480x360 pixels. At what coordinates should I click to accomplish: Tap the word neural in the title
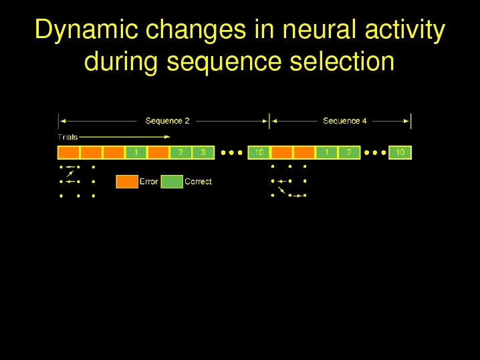pyautogui.click(x=319, y=29)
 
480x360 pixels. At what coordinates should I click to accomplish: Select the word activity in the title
pyautogui.click(x=405, y=31)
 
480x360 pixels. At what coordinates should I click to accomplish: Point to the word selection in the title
pyautogui.click(x=342, y=61)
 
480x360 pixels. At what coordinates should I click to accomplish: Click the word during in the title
pyautogui.click(x=121, y=63)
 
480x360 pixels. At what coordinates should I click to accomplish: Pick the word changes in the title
pyautogui.click(x=196, y=31)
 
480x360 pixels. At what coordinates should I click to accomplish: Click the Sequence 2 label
pyautogui.click(x=167, y=121)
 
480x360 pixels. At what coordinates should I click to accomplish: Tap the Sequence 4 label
pyautogui.click(x=345, y=121)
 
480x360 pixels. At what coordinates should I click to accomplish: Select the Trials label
pyautogui.click(x=68, y=137)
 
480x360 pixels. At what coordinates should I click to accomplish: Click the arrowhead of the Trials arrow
pyautogui.click(x=167, y=137)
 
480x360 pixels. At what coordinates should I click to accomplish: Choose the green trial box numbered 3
pyautogui.click(x=203, y=152)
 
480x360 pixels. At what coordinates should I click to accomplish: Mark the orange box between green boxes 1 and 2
pyautogui.click(x=158, y=152)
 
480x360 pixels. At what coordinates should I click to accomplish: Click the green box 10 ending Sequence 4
pyautogui.click(x=400, y=152)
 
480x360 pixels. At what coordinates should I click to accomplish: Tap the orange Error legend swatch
pyautogui.click(x=127, y=182)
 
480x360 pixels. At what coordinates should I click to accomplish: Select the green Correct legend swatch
pyautogui.click(x=172, y=182)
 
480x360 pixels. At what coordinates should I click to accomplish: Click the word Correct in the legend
pyautogui.click(x=198, y=182)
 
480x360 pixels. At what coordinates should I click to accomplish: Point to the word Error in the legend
pyautogui.click(x=148, y=182)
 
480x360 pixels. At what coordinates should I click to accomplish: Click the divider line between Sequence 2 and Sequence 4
pyautogui.click(x=269, y=121)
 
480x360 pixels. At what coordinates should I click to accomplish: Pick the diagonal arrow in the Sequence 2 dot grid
pyautogui.click(x=70, y=174)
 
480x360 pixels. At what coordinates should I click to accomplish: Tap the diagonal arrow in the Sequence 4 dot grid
pyautogui.click(x=281, y=190)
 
